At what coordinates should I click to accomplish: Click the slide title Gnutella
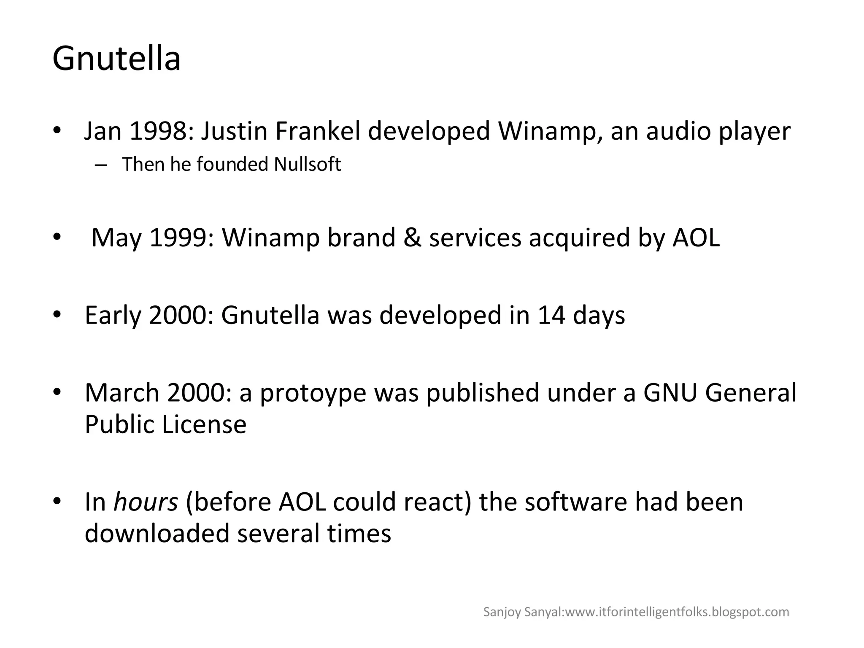click(116, 59)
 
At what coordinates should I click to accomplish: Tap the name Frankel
click(318, 131)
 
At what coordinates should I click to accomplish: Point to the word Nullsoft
click(307, 165)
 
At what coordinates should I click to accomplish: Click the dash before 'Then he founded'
click(101, 165)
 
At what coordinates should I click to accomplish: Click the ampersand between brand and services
click(412, 238)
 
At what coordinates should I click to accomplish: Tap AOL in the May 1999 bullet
click(696, 238)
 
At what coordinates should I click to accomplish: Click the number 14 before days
click(551, 315)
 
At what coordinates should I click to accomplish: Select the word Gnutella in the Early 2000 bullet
click(270, 315)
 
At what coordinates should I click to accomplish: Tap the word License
click(204, 424)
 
